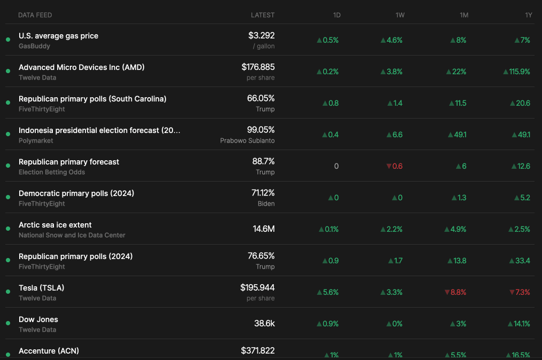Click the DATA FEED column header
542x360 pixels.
pyautogui.click(x=35, y=15)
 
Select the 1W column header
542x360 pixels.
pyautogui.click(x=399, y=15)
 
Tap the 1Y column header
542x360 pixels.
pyautogui.click(x=528, y=15)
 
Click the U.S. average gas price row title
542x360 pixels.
pyautogui.click(x=58, y=36)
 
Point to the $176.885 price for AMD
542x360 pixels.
pyautogui.click(x=258, y=67)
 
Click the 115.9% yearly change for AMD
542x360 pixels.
pyautogui.click(x=516, y=72)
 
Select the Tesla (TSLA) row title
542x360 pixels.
pyautogui.click(x=41, y=288)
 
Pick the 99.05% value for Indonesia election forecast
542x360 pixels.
pyautogui.click(x=261, y=130)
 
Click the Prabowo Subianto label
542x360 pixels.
pyautogui.click(x=247, y=140)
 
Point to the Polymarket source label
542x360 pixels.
pyautogui.click(x=36, y=140)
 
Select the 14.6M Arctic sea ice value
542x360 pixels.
pyautogui.click(x=264, y=229)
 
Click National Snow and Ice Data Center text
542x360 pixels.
pyautogui.click(x=72, y=235)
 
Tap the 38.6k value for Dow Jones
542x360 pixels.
pyautogui.click(x=264, y=324)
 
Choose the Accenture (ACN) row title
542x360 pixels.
pyautogui.click(x=49, y=351)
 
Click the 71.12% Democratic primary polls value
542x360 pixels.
pyautogui.click(x=263, y=193)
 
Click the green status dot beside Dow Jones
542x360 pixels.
pyautogui.click(x=8, y=324)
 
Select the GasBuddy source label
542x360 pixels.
pyautogui.click(x=34, y=46)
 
